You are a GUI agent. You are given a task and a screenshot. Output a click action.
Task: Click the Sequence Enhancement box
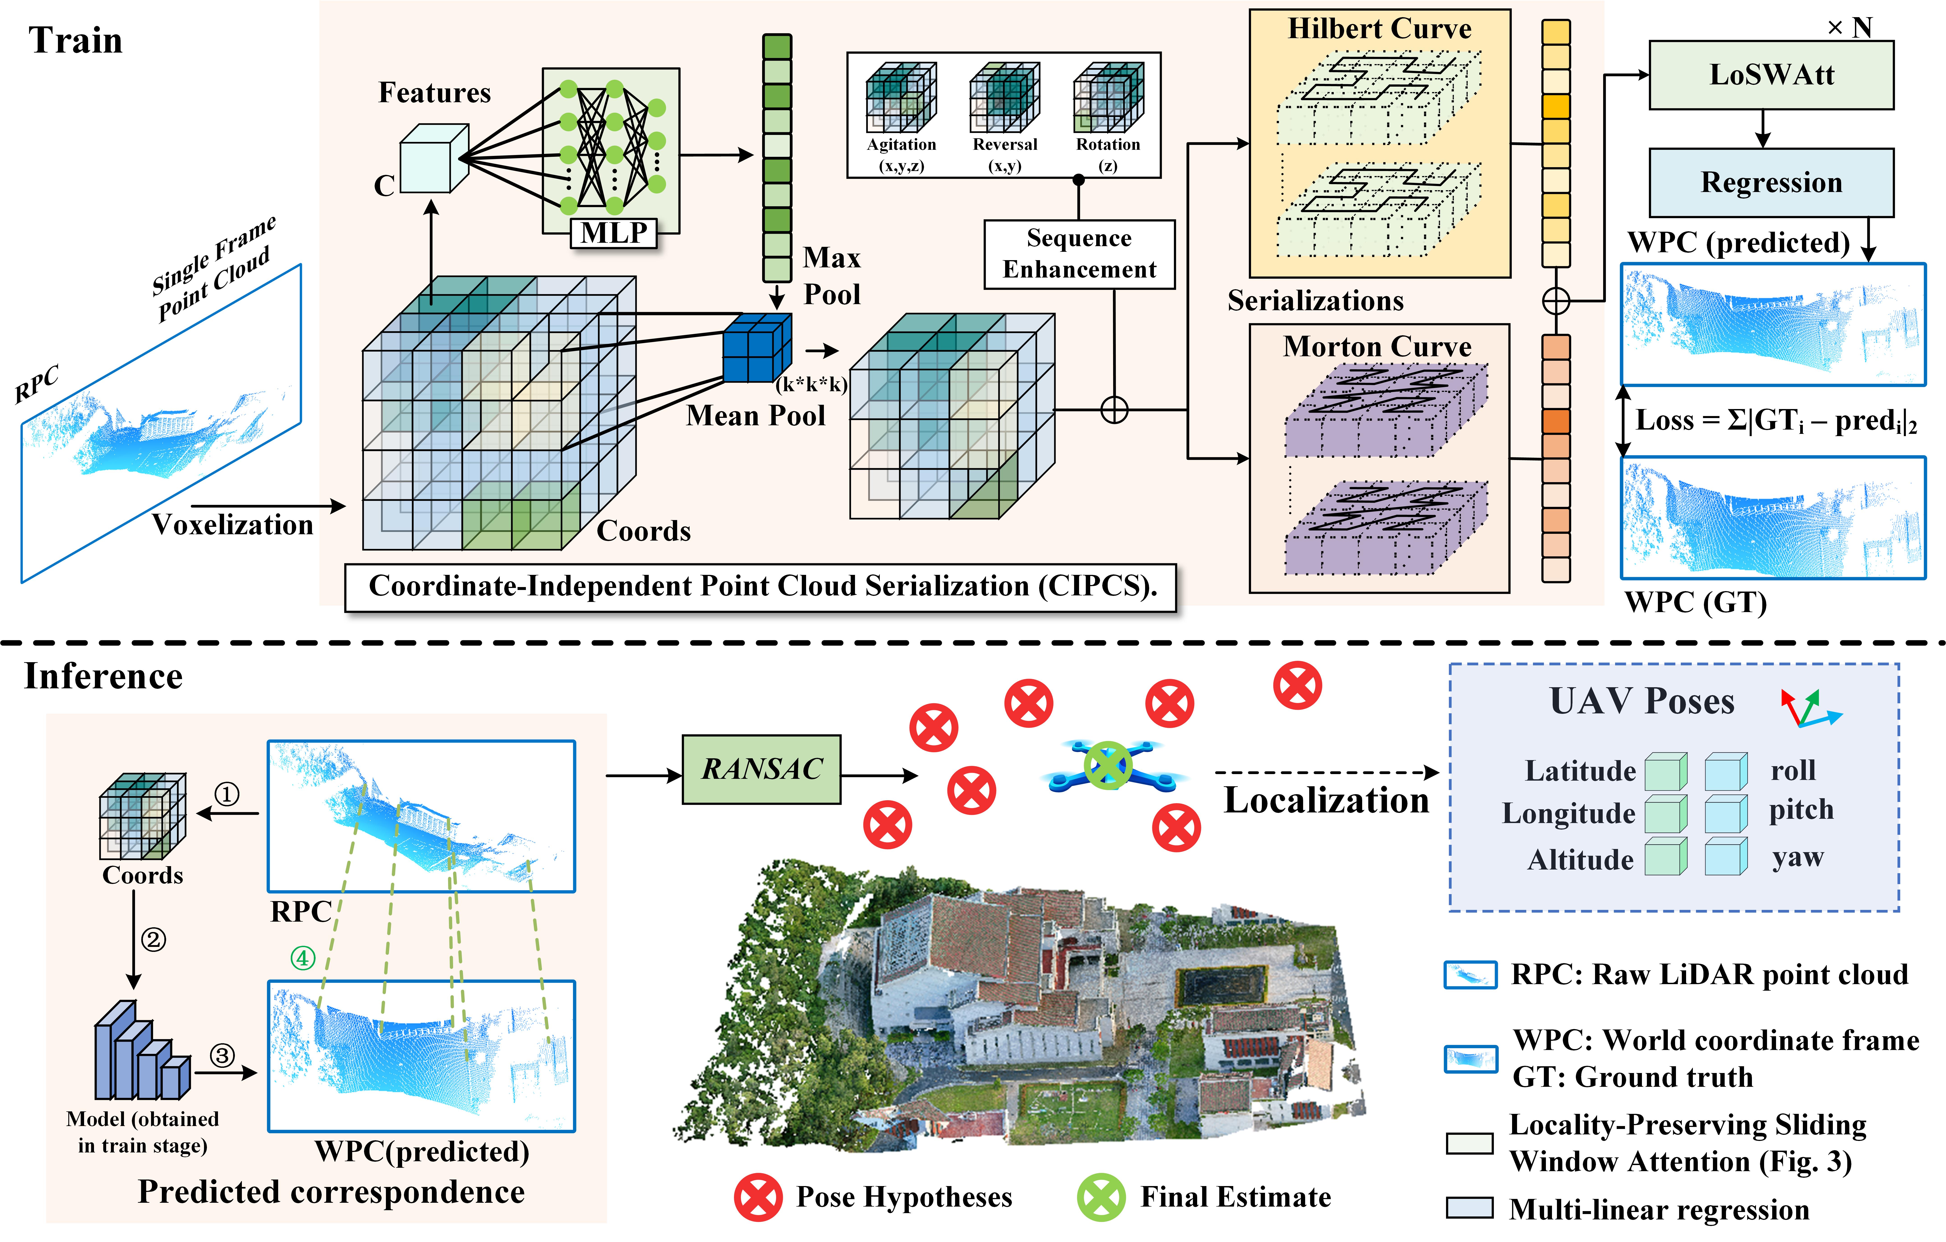pyautogui.click(x=1079, y=254)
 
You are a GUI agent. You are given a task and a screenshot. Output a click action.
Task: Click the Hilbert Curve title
pyautogui.click(x=1380, y=29)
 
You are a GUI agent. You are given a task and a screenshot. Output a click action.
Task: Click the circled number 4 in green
pyautogui.click(x=302, y=958)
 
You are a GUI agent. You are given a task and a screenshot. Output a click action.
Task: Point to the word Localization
pyautogui.click(x=1326, y=800)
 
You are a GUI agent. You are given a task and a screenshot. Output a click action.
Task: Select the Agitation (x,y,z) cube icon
pyautogui.click(x=901, y=97)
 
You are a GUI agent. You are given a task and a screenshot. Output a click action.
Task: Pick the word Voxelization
pyautogui.click(x=233, y=525)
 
